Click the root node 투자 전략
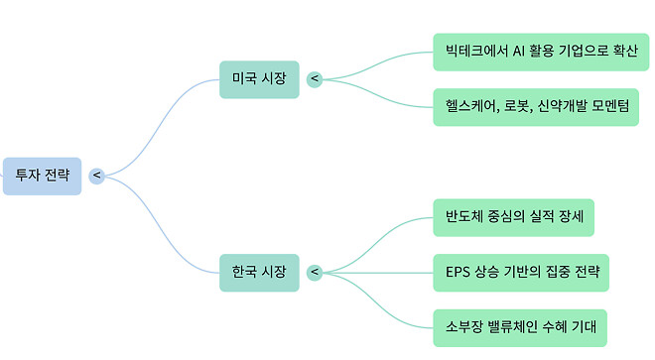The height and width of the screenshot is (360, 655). (42, 176)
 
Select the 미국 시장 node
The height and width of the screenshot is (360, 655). (259, 78)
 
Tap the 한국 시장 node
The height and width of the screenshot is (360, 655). (259, 271)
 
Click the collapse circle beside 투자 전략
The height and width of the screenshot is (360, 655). (96, 176)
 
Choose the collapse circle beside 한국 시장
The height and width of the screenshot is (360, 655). (315, 271)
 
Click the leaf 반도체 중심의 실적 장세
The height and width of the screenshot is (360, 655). (513, 217)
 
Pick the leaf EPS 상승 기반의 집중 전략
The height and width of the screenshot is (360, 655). (521, 271)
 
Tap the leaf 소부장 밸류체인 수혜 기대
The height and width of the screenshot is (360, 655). (519, 325)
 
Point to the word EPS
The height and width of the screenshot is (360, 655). (458, 271)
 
